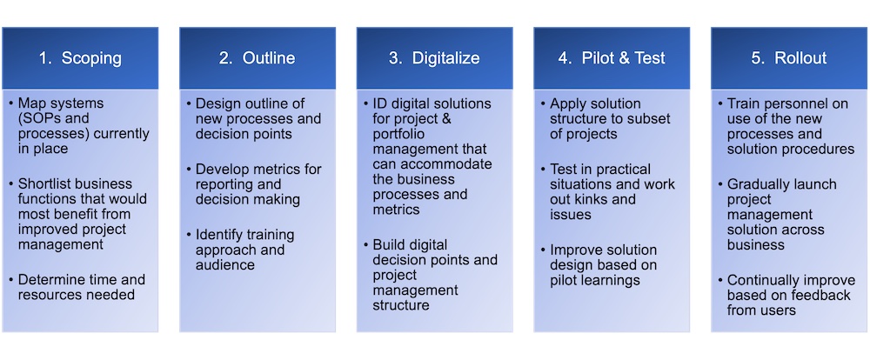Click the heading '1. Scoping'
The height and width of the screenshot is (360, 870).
80,58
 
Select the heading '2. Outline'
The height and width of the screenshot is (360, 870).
257,58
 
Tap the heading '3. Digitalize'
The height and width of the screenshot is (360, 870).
434,58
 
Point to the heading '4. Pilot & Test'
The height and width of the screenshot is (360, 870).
612,58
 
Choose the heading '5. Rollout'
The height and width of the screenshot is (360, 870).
788,58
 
